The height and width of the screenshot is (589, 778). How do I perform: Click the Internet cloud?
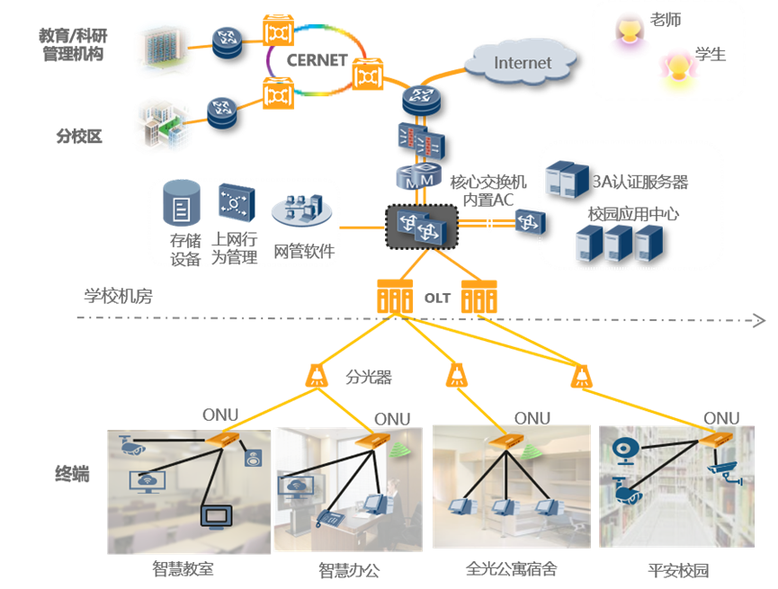(522, 64)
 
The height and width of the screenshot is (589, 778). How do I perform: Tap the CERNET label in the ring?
(317, 61)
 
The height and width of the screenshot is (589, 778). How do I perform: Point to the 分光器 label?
(369, 376)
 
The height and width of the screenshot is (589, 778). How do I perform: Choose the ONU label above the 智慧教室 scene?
(220, 415)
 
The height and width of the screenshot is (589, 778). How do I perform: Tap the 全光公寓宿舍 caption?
(511, 568)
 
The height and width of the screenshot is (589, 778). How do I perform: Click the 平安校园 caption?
(678, 569)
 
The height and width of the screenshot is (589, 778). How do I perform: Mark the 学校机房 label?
(118, 296)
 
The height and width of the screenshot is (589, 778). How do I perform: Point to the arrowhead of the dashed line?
(760, 320)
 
